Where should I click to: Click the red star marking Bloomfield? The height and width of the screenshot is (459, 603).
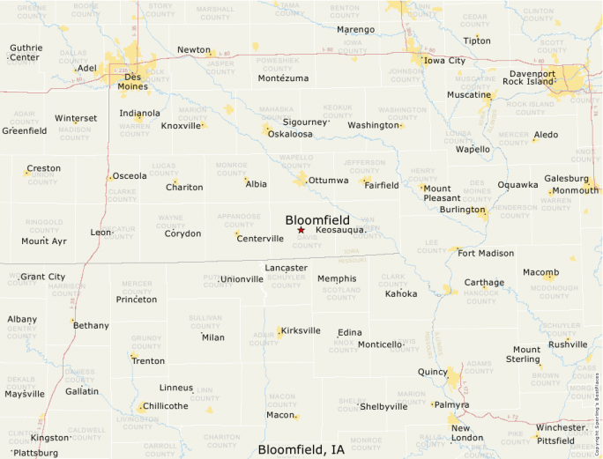pyautogui.click(x=301, y=230)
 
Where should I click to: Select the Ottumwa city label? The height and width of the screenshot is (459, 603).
pyautogui.click(x=328, y=181)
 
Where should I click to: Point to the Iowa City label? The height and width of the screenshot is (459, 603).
pyautogui.click(x=444, y=61)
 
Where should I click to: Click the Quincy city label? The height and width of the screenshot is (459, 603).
pyautogui.click(x=433, y=372)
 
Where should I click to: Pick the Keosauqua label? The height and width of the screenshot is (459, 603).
pyautogui.click(x=339, y=230)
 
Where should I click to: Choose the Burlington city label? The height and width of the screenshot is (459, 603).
pyautogui.click(x=463, y=210)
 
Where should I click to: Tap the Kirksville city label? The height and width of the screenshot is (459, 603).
pyautogui.click(x=301, y=330)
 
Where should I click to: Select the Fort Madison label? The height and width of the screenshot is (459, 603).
pyautogui.click(x=486, y=254)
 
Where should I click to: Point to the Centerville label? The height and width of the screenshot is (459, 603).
pyautogui.click(x=260, y=239)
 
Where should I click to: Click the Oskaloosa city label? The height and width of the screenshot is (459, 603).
pyautogui.click(x=290, y=134)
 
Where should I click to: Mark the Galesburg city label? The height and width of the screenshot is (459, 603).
pyautogui.click(x=566, y=178)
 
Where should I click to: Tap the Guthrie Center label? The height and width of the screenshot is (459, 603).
pyautogui.click(x=24, y=53)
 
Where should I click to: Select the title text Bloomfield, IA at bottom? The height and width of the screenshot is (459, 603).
pyautogui.click(x=301, y=449)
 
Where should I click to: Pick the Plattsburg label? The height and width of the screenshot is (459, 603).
pyautogui.click(x=36, y=453)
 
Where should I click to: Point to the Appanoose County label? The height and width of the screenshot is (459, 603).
pyautogui.click(x=239, y=219)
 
